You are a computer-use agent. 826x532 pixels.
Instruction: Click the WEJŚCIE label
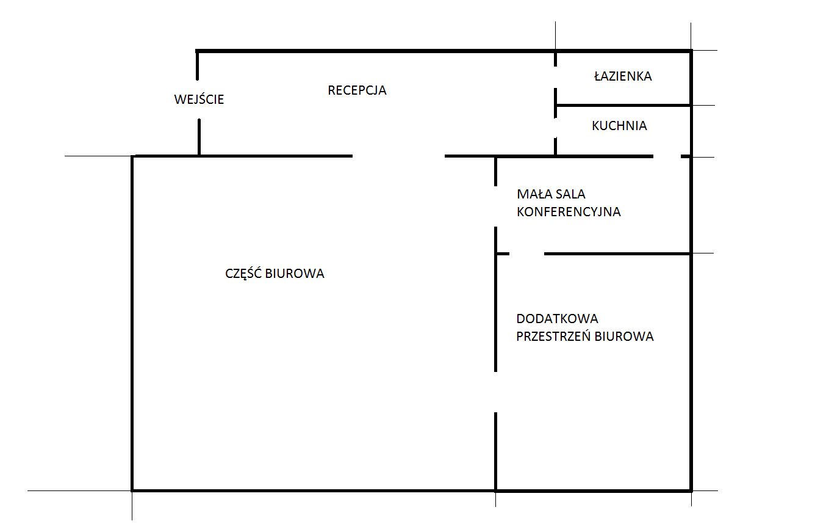[x=199, y=99]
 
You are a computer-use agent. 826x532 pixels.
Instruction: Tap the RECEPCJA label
[x=357, y=90]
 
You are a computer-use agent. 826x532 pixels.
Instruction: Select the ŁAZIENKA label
[x=623, y=76]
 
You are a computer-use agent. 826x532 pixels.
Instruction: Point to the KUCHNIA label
[x=619, y=126]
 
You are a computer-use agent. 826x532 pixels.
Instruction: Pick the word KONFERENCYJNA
[x=569, y=212]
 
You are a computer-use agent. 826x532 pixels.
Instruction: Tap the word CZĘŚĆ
[x=243, y=273]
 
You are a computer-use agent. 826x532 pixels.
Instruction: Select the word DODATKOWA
[x=557, y=319]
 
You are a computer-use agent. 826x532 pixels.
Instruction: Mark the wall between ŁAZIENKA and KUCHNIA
[x=623, y=106]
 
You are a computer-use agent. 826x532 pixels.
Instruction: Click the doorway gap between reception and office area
[x=398, y=156]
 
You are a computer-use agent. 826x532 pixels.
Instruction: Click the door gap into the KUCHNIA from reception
[x=555, y=128]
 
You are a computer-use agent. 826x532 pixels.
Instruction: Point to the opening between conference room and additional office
[x=526, y=253]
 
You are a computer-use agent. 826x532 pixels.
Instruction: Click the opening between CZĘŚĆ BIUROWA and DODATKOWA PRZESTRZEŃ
[x=495, y=392]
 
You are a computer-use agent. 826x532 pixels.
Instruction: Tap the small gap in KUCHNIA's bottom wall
[x=667, y=156]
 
